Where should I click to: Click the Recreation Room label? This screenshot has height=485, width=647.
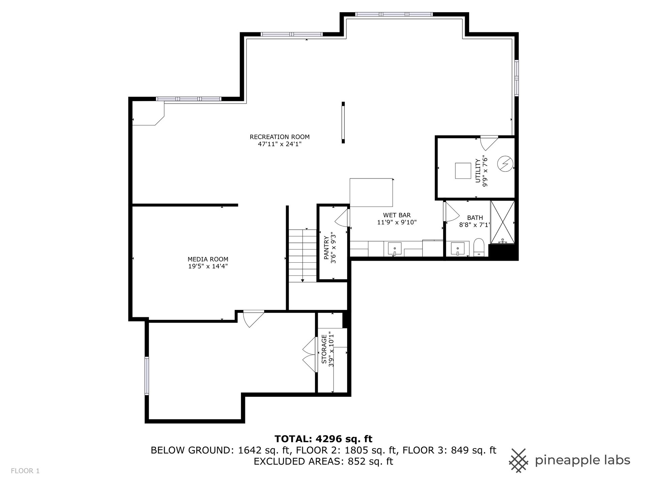point(280,137)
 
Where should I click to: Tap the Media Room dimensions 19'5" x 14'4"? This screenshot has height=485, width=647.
point(208,266)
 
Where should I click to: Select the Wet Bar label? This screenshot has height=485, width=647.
point(397,215)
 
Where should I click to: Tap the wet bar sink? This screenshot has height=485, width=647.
point(395,249)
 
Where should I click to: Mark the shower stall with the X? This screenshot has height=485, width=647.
point(502,222)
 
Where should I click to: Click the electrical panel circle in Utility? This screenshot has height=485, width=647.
point(504,164)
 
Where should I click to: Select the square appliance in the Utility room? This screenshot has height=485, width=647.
point(463,171)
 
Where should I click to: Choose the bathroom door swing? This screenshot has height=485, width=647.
point(452,211)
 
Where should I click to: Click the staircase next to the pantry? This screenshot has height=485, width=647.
point(303,256)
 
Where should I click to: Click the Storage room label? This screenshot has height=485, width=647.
point(324,349)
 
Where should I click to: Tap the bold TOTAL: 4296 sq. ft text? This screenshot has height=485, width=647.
point(323,439)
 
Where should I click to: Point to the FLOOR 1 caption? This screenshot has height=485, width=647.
point(25,471)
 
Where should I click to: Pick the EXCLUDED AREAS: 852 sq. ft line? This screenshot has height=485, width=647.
point(323,461)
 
